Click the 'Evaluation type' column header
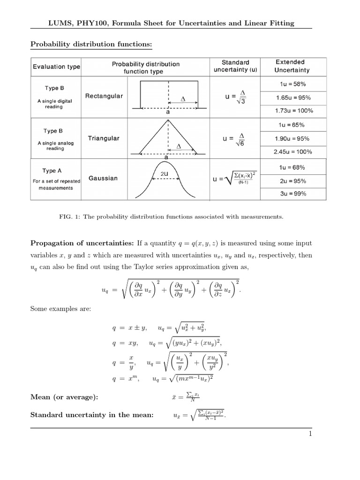[56, 67]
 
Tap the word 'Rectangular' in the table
[104, 96]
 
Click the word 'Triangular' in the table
[104, 138]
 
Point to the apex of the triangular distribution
[167, 120]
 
